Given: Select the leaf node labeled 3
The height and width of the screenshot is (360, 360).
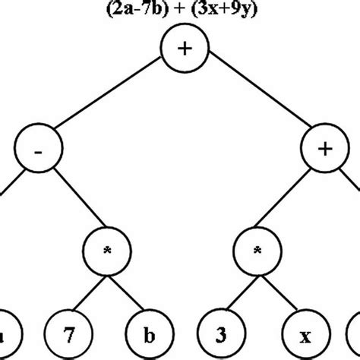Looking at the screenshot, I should tap(219, 332).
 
